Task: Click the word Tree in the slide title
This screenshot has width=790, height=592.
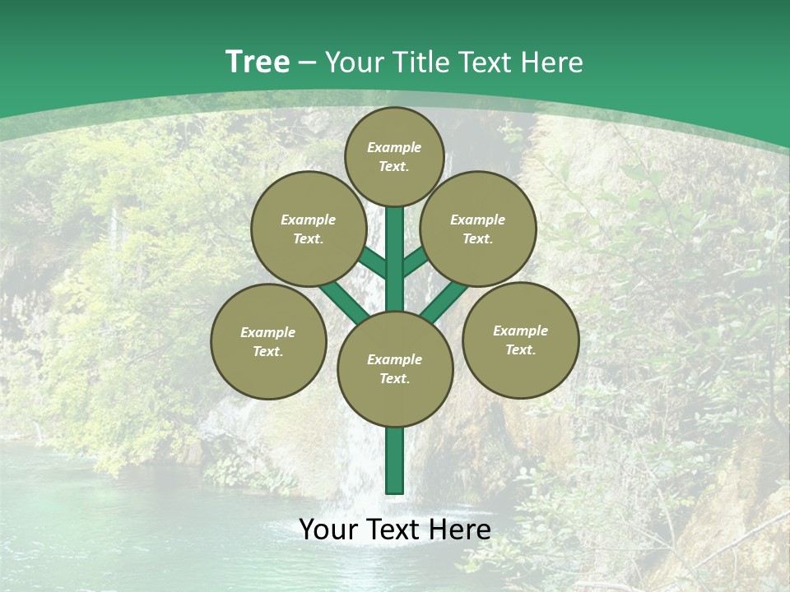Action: click(x=258, y=62)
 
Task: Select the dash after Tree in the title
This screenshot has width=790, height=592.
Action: click(x=307, y=62)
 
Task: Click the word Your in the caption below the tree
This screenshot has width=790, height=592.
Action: click(x=329, y=530)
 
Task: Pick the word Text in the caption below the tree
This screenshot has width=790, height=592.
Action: click(x=397, y=530)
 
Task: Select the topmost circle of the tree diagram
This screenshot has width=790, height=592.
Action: click(x=394, y=156)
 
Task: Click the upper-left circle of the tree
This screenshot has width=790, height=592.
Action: click(x=308, y=229)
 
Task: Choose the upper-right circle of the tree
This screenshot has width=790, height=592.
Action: click(x=478, y=229)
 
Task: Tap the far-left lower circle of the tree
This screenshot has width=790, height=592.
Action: click(x=268, y=341)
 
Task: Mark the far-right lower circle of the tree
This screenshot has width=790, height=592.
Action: click(x=520, y=340)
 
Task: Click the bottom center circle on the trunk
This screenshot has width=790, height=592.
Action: click(x=395, y=369)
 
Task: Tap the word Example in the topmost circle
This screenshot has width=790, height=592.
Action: click(x=394, y=147)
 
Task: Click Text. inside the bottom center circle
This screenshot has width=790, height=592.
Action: click(x=394, y=378)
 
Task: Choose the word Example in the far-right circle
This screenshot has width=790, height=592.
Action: click(x=520, y=331)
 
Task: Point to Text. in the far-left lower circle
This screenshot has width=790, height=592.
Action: click(x=268, y=351)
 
